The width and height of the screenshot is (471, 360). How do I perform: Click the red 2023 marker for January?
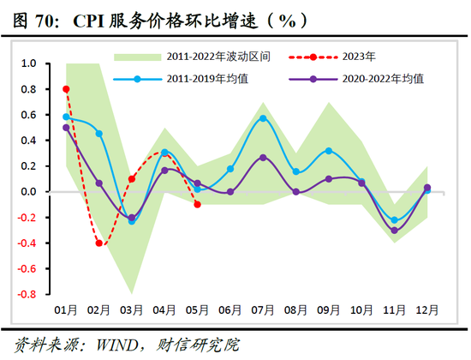(67, 89)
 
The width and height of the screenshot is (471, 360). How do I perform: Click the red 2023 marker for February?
(99, 243)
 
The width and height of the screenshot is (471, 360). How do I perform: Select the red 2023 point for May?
(197, 204)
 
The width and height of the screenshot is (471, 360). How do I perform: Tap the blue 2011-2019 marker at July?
(263, 118)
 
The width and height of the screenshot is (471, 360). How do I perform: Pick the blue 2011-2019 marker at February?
(99, 134)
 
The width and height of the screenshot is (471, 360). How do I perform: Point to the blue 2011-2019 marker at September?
(328, 151)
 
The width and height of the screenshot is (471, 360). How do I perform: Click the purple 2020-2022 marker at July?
(263, 158)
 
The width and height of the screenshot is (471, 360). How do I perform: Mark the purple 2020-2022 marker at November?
(394, 231)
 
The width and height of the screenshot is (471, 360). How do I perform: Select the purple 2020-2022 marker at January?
(67, 128)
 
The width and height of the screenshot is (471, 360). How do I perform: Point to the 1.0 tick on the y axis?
(28, 63)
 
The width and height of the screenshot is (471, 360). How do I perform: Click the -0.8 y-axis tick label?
(27, 294)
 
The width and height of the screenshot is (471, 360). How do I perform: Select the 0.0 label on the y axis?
(28, 191)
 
